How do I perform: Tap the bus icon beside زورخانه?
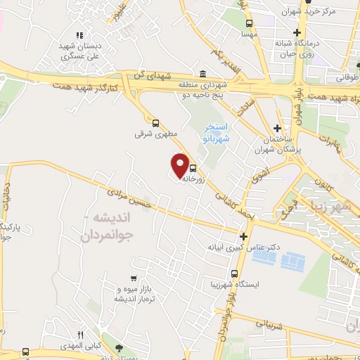(193, 169)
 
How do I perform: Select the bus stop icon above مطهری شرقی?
(155, 121)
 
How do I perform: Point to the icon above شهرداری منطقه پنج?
(202, 75)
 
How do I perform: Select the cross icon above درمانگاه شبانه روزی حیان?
(297, 32)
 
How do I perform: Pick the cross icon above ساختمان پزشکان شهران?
(279, 129)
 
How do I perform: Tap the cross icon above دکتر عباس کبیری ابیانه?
(243, 237)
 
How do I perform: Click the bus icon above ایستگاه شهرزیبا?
(234, 274)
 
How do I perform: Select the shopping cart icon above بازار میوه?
(134, 279)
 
